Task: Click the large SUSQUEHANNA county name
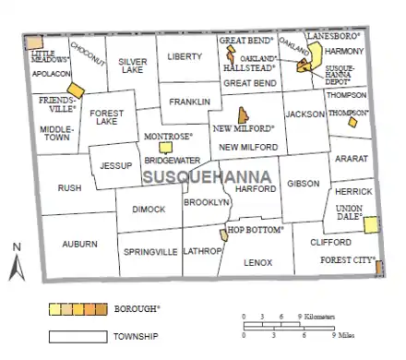click(x=208, y=175)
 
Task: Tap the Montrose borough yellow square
click(x=165, y=147)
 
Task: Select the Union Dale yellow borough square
click(x=371, y=225)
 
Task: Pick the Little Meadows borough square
click(x=33, y=42)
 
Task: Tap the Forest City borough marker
click(x=379, y=267)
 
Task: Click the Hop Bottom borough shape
click(x=223, y=236)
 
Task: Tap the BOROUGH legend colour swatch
click(x=74, y=307)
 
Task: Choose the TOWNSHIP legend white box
click(x=74, y=336)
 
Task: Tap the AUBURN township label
click(x=79, y=244)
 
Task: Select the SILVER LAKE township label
click(x=132, y=66)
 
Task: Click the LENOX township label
click(x=258, y=262)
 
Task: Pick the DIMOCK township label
click(x=149, y=210)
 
